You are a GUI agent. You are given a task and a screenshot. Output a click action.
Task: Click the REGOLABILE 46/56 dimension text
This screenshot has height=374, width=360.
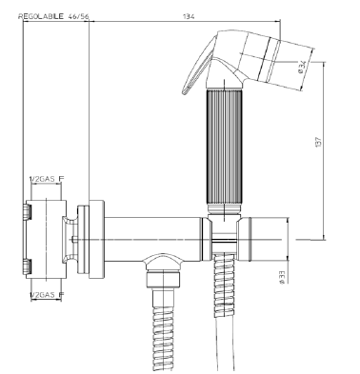point(53,16)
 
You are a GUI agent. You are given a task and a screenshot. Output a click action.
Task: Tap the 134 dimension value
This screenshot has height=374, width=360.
point(189,16)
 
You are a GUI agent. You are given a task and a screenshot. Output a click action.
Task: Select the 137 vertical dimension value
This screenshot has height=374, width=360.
point(319,142)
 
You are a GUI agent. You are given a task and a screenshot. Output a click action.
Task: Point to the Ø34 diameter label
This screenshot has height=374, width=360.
point(303,67)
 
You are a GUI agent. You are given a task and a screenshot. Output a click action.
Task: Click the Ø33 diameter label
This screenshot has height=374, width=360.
point(282,277)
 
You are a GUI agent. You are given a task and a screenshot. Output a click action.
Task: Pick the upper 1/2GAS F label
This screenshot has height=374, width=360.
point(47,179)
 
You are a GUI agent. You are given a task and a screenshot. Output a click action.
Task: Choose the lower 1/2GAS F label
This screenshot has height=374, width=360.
point(47,295)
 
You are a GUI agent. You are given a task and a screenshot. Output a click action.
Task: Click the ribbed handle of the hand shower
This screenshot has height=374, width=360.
point(225,148)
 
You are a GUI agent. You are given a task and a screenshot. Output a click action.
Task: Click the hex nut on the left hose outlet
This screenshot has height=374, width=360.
point(163,279)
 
